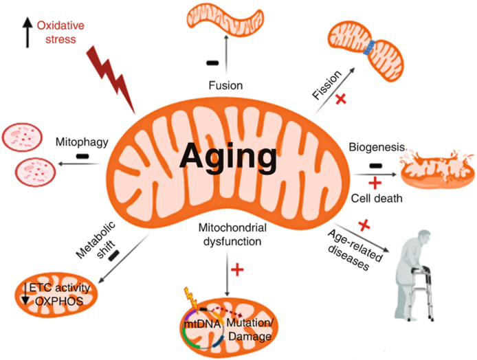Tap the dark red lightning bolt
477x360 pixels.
tap(111, 80)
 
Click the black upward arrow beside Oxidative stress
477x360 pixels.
tap(27, 32)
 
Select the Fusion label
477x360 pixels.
tap(225, 85)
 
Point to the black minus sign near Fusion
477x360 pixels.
tap(212, 63)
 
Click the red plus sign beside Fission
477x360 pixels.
tap(341, 99)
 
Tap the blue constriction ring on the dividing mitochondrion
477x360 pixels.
tap(369, 48)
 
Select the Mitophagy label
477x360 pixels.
tap(82, 142)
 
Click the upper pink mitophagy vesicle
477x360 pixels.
tap(22, 137)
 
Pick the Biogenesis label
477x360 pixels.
tap(377, 147)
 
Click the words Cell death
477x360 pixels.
tap(377, 199)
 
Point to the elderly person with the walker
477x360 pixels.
tap(413, 275)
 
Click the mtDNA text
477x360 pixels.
tap(202, 324)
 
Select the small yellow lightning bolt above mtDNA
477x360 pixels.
tap(191, 298)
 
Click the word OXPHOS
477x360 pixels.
tap(59, 302)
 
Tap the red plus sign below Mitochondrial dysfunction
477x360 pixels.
tap(237, 269)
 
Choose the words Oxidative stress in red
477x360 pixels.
tap(60, 32)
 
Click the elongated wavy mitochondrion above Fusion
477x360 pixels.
tap(225, 21)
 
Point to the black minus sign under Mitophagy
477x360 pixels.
tap(82, 156)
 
